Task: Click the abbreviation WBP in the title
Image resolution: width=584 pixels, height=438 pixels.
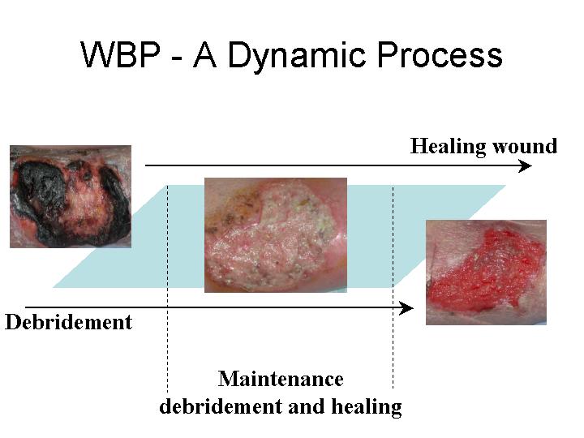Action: [x=120, y=54]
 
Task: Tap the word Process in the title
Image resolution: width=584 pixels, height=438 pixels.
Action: [x=440, y=55]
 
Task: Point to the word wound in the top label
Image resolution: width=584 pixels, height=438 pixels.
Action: [x=525, y=146]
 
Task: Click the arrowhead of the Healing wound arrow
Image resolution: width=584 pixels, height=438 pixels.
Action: [x=525, y=165]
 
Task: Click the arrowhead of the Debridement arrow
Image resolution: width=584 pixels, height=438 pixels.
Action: [x=406, y=308]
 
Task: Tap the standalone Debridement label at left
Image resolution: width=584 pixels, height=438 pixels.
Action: [x=68, y=322]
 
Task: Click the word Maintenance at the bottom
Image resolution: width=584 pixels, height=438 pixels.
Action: [x=281, y=379]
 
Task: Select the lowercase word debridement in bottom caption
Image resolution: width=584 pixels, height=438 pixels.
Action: [x=221, y=406]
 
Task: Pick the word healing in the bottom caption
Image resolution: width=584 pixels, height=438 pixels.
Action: [x=367, y=407]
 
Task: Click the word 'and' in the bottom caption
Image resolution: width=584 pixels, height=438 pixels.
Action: [x=307, y=406]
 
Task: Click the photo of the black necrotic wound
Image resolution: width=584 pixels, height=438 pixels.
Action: [x=71, y=196]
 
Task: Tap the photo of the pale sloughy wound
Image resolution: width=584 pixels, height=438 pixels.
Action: [x=276, y=235]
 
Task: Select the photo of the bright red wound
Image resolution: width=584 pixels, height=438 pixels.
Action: [x=486, y=273]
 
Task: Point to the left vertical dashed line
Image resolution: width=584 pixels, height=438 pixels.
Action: [x=167, y=289]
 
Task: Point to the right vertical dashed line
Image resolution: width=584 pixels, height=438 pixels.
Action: [x=393, y=287]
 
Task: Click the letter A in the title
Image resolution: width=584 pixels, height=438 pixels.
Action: [x=205, y=55]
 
